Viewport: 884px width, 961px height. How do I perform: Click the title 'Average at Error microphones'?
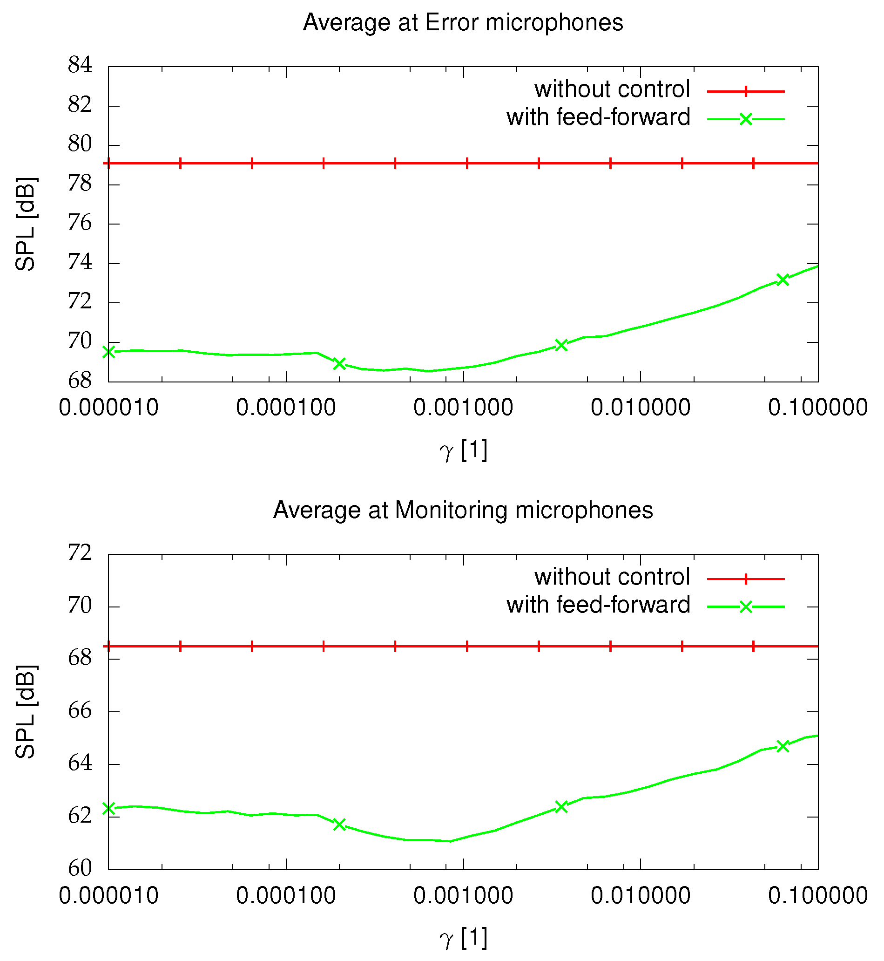[463, 22]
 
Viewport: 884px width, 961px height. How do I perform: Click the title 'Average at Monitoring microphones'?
[463, 510]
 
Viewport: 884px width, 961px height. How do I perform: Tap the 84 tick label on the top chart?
[80, 65]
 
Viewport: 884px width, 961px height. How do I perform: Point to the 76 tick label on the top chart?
[80, 223]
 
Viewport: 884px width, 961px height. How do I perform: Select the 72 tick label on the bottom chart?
[80, 553]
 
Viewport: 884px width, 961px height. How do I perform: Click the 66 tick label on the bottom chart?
[80, 711]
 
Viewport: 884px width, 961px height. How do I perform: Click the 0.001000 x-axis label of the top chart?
[463, 408]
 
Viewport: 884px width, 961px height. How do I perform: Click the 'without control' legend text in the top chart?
[612, 89]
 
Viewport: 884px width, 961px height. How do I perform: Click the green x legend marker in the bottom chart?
[746, 607]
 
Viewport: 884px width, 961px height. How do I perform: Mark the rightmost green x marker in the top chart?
[783, 280]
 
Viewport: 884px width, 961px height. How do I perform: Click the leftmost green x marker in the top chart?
[109, 352]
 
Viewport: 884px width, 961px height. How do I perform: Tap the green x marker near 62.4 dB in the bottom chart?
[561, 807]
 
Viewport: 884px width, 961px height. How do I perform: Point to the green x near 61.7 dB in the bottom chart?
[339, 824]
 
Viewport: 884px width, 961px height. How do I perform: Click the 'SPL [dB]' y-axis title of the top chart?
[25, 224]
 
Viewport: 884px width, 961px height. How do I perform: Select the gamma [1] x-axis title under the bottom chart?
[463, 939]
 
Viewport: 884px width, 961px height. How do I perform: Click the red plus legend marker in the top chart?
[746, 91]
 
